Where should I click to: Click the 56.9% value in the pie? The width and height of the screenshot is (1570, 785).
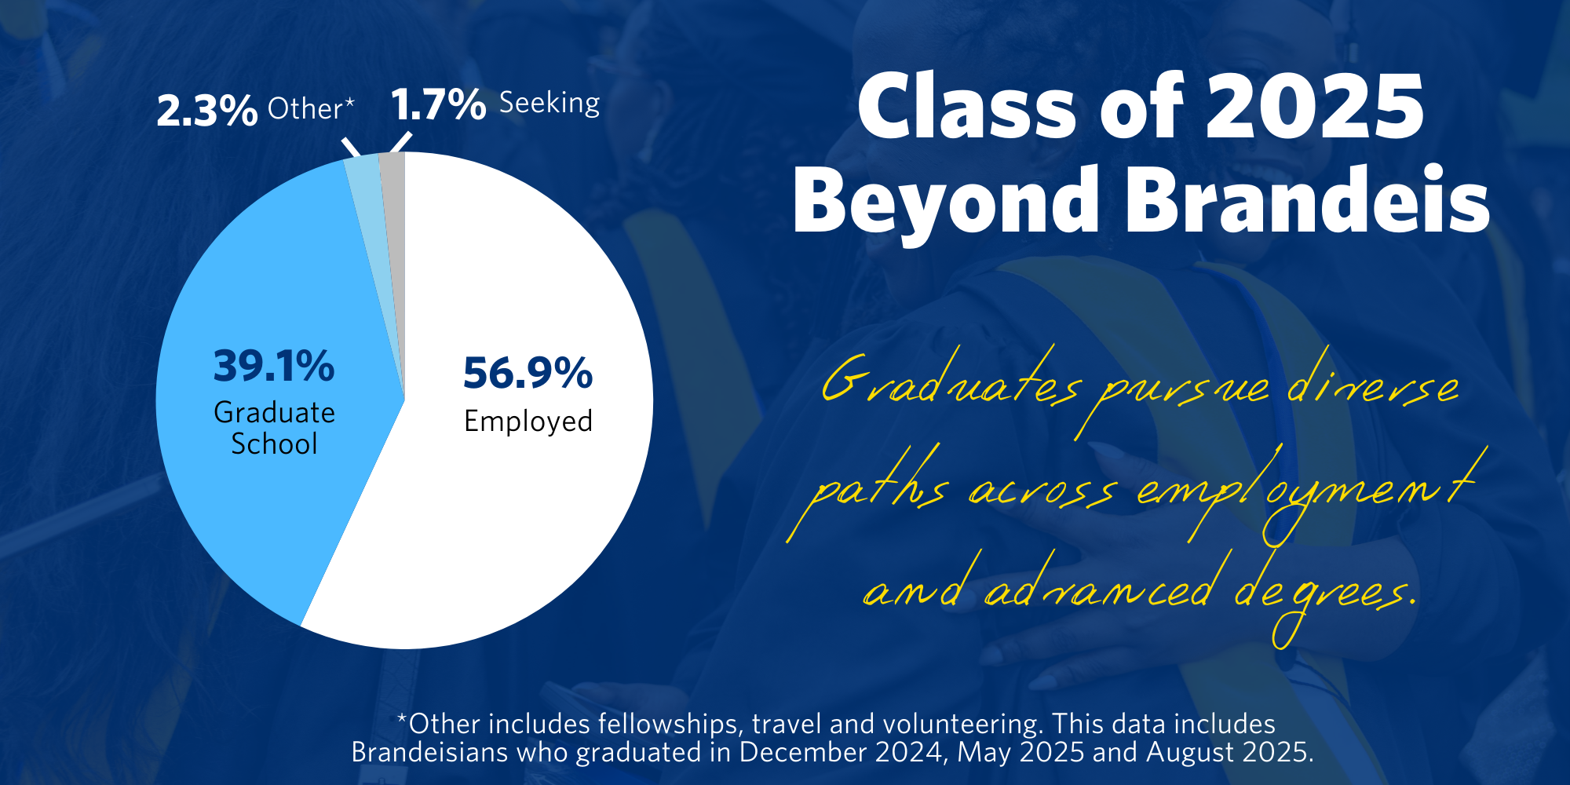click(x=528, y=373)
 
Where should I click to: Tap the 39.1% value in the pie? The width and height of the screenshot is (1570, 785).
click(x=274, y=366)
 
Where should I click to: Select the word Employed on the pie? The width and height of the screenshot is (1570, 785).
click(x=528, y=422)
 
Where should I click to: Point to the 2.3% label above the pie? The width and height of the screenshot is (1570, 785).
click(x=206, y=110)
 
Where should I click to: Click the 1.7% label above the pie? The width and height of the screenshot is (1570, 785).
click(x=438, y=104)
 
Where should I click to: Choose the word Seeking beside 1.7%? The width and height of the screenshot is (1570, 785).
click(x=549, y=103)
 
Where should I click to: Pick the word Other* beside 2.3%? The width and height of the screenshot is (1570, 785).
click(x=311, y=108)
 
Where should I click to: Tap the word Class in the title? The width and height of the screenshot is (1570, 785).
click(x=966, y=107)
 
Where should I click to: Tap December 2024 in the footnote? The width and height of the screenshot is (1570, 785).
click(x=841, y=752)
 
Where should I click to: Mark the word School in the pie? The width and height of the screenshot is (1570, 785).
click(x=274, y=444)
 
